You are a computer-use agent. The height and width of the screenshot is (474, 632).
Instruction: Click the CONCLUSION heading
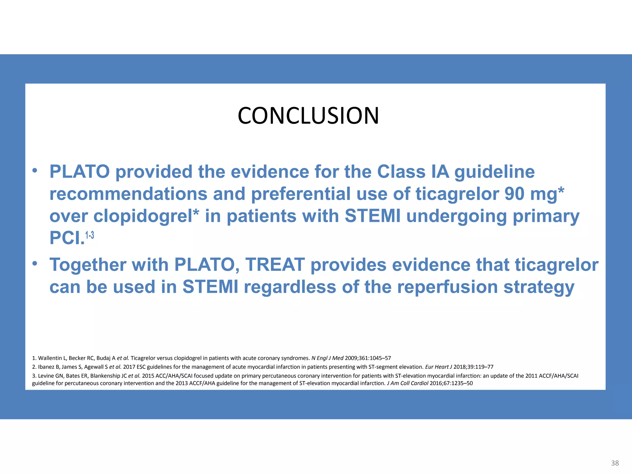click(x=308, y=116)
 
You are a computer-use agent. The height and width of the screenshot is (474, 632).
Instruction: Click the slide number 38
click(x=615, y=463)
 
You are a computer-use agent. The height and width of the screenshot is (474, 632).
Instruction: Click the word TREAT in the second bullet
click(x=275, y=265)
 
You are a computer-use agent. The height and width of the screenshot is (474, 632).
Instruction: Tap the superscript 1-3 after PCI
click(x=89, y=235)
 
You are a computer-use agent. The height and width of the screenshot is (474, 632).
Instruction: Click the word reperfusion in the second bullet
click(x=447, y=287)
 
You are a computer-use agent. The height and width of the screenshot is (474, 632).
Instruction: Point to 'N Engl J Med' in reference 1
click(x=327, y=358)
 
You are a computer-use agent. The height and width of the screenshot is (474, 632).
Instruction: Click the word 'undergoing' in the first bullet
click(x=456, y=216)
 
